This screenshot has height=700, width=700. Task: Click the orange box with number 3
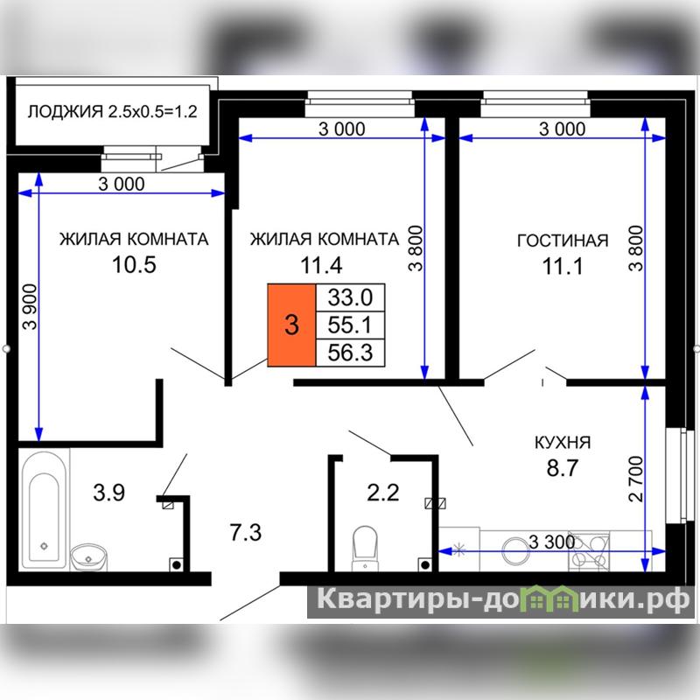291,325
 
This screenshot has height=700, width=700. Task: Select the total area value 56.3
350,353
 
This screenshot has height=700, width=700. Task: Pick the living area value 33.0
350,297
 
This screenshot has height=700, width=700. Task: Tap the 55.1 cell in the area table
350,325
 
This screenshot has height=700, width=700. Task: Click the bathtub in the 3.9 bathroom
44,510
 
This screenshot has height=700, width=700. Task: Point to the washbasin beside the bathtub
89,556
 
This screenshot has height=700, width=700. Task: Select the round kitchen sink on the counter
515,550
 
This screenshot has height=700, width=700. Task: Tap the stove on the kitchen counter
589,551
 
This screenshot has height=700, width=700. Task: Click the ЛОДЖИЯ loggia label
65,112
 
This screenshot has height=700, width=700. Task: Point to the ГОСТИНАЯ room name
563,241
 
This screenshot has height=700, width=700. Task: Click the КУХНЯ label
563,443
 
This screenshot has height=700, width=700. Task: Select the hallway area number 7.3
246,533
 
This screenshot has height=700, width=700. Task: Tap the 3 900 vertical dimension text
31,307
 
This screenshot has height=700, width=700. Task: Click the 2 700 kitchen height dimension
636,479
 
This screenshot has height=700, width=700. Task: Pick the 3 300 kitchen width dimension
552,542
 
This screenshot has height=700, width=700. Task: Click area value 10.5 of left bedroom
134,264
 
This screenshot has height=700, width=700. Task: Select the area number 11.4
321,265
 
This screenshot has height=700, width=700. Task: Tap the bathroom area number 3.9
108,493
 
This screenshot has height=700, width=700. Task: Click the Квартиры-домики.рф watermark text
503,599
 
